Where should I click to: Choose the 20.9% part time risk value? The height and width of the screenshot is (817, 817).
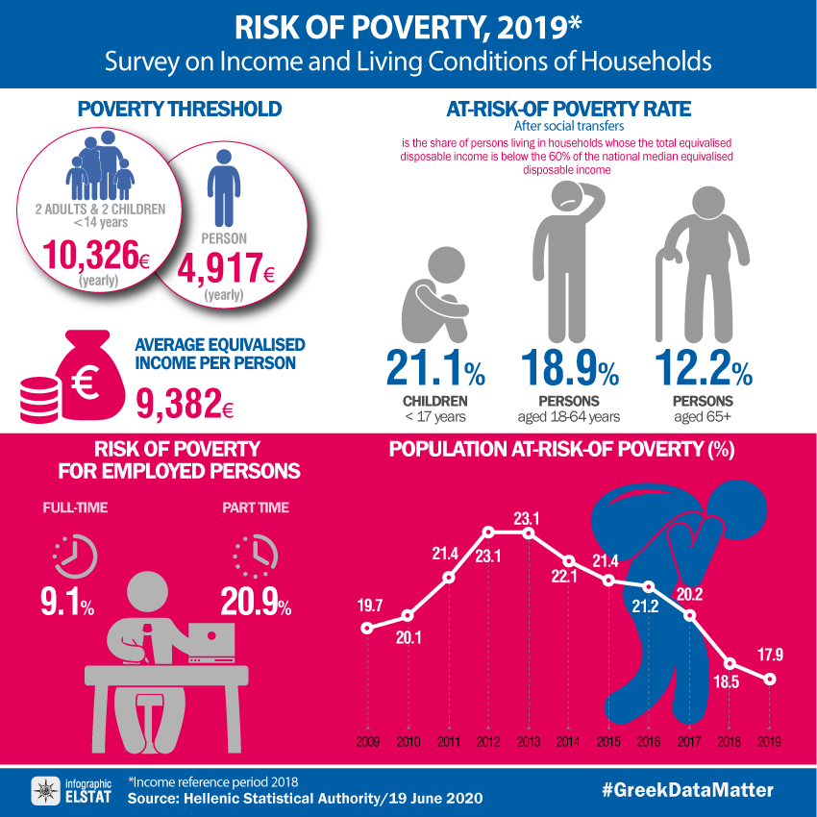coord(256,602)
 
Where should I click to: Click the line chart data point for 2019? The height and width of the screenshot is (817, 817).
coord(770,680)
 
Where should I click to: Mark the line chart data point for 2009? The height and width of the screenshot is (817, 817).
coord(366,629)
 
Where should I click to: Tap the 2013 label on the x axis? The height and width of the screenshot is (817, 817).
coord(527,742)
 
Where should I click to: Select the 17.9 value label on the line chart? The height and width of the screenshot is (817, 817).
coord(769,656)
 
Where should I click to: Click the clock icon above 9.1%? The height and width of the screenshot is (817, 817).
coord(75,555)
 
